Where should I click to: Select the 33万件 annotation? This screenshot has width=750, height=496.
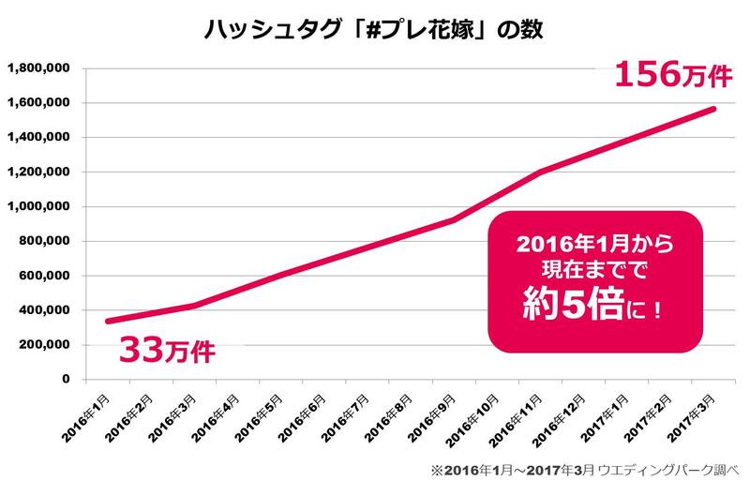[x=167, y=352]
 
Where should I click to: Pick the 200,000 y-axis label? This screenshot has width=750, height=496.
[x=45, y=345]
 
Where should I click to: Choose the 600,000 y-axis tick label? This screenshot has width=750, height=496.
[x=45, y=276]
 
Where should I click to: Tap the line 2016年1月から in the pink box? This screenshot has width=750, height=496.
[x=593, y=246]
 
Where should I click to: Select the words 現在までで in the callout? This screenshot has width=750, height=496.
[x=593, y=274]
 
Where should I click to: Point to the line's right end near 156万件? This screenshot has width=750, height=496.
[x=714, y=110]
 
